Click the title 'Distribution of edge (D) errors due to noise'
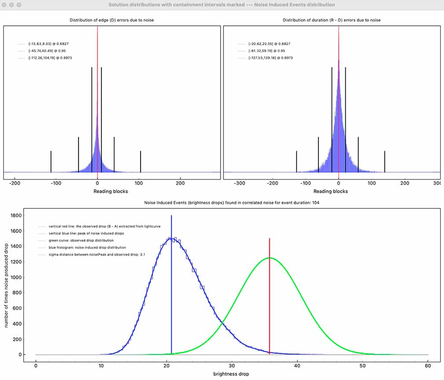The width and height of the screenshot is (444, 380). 112,20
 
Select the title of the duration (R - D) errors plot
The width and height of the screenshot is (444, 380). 332,20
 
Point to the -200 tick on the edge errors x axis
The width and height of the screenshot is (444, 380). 15,183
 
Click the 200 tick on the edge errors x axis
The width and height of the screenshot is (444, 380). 180,183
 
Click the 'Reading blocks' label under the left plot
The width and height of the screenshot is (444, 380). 112,191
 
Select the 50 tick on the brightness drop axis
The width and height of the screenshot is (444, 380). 363,365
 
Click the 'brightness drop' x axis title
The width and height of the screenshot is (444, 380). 231,374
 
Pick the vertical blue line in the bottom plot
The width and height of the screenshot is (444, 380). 171,286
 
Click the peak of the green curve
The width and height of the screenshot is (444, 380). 269,258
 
